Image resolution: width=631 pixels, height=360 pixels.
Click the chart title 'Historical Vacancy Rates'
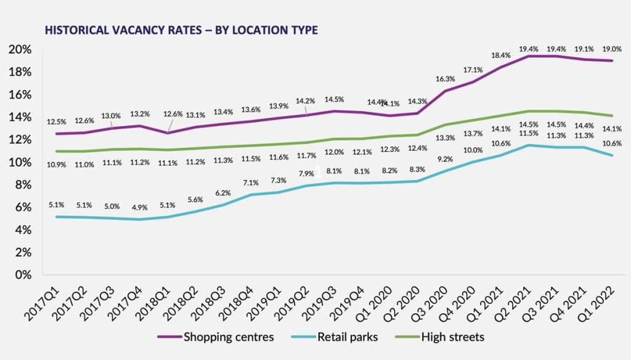click(x=179, y=30)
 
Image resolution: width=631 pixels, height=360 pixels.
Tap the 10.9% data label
click(x=57, y=165)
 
